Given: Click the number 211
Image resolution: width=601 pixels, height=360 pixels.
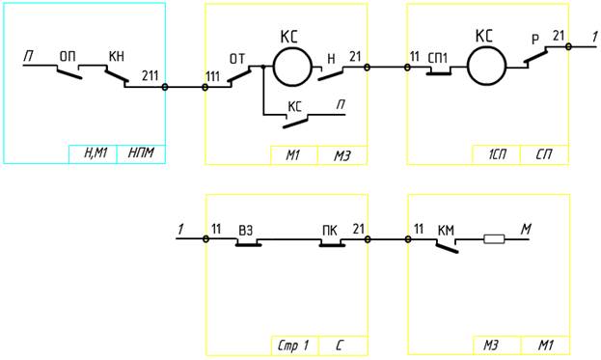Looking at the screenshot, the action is coord(150,75).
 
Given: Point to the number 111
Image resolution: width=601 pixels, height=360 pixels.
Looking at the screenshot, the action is coord(213,76).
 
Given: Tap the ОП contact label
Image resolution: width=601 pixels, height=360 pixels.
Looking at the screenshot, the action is coord(68,57).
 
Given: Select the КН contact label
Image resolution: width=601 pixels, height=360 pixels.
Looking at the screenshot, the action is coord(117,56).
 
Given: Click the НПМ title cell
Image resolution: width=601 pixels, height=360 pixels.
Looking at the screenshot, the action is coord(141,154).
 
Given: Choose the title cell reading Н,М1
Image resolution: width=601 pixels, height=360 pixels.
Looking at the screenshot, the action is coord(94,154).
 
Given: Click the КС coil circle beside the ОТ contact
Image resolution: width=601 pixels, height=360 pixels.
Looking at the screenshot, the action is coord(292,68).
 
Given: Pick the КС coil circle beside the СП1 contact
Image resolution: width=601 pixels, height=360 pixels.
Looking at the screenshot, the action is coord(487,68).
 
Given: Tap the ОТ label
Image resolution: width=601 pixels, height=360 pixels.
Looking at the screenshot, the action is coord(237,59).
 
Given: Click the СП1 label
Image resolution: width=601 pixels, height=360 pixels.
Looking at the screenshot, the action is coord(437,58).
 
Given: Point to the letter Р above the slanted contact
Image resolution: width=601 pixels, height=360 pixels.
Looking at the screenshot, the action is coord(535,40).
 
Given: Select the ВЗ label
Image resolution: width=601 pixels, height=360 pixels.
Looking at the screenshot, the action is coord(246,231).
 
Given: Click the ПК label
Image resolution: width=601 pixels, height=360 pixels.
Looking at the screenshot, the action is coord(330,231).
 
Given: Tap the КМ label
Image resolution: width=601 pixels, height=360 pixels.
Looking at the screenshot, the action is coord(446,231).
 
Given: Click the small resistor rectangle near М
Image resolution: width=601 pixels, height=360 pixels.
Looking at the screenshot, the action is coord(494,239).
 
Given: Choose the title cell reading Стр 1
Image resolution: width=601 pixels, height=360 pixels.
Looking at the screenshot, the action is coord(294,346).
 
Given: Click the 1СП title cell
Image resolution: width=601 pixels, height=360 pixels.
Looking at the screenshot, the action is coord(497,154).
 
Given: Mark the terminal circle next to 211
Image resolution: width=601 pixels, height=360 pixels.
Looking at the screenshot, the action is coord(165,87).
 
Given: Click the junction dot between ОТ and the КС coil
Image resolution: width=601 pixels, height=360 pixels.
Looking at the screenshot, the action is coord(263,67).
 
